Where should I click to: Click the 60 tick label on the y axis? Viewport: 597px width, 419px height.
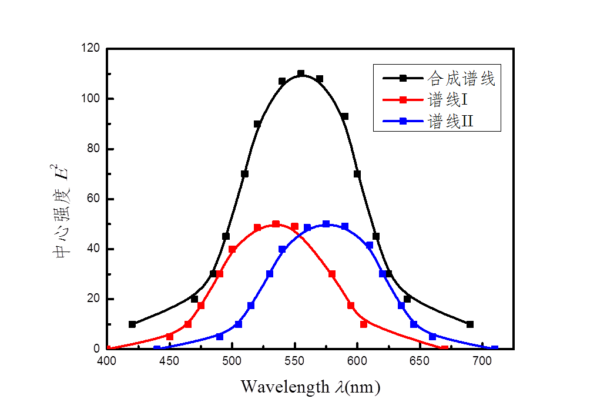click(91, 199)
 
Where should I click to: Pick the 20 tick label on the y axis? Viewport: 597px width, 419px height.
click(91, 299)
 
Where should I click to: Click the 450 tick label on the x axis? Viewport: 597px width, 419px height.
click(169, 360)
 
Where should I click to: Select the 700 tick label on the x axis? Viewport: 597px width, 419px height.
click(482, 360)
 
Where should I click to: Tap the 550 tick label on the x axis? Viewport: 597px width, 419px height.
click(294, 360)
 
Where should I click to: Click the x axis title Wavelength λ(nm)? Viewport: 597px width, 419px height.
click(310, 387)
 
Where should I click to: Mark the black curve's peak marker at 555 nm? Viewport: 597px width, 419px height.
click(301, 73)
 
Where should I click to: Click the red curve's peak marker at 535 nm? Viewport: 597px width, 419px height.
click(276, 224)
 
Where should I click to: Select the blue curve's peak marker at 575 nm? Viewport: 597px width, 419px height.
click(326, 224)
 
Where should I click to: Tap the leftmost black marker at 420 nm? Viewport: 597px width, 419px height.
click(132, 324)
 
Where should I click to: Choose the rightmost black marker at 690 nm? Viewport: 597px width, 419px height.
click(469, 324)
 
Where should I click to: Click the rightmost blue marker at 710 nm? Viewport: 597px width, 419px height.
click(495, 348)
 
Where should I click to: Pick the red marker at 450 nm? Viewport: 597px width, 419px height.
click(170, 337)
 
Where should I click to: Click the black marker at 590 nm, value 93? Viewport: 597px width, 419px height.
click(345, 116)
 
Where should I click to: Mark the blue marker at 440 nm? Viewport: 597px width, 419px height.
click(157, 348)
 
